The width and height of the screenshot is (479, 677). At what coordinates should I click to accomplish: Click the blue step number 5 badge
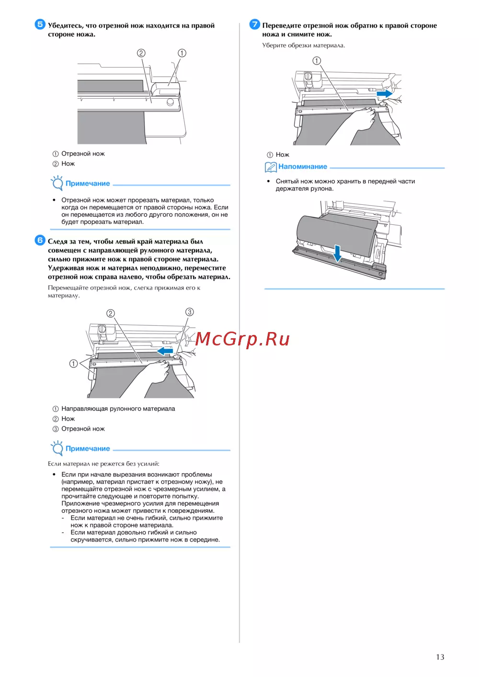(40, 24)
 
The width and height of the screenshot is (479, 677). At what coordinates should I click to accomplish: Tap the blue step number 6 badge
(40, 240)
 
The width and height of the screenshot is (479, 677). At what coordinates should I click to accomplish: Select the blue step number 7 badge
(254, 24)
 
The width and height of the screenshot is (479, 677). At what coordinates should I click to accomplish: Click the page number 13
(440, 657)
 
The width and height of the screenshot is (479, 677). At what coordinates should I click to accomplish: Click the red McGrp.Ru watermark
(242, 339)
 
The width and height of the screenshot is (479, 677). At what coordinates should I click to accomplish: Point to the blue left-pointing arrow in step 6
(165, 351)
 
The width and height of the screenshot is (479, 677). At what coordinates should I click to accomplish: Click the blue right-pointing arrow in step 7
(385, 94)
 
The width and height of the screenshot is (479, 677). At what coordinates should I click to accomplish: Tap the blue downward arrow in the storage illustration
(337, 253)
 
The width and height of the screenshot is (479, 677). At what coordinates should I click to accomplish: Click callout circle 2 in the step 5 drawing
(141, 53)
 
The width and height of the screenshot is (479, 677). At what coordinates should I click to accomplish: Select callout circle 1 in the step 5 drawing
(182, 53)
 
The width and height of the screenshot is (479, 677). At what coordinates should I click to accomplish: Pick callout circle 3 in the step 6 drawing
(189, 312)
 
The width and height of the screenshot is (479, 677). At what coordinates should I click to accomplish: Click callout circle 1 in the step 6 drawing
(74, 363)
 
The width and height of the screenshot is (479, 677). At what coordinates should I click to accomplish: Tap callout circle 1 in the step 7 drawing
(317, 61)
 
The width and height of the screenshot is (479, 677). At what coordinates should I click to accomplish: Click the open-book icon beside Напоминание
(271, 167)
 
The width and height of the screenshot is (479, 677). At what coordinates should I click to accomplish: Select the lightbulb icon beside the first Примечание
(57, 183)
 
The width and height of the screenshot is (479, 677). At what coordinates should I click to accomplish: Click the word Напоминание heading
(303, 166)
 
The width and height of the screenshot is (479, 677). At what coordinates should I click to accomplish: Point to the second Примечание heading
(88, 448)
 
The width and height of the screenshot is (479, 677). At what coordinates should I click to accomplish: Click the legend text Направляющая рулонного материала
(118, 409)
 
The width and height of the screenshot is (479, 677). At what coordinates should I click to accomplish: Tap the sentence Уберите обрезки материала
(304, 45)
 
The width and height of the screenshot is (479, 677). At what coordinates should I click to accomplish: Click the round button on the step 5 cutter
(171, 101)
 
